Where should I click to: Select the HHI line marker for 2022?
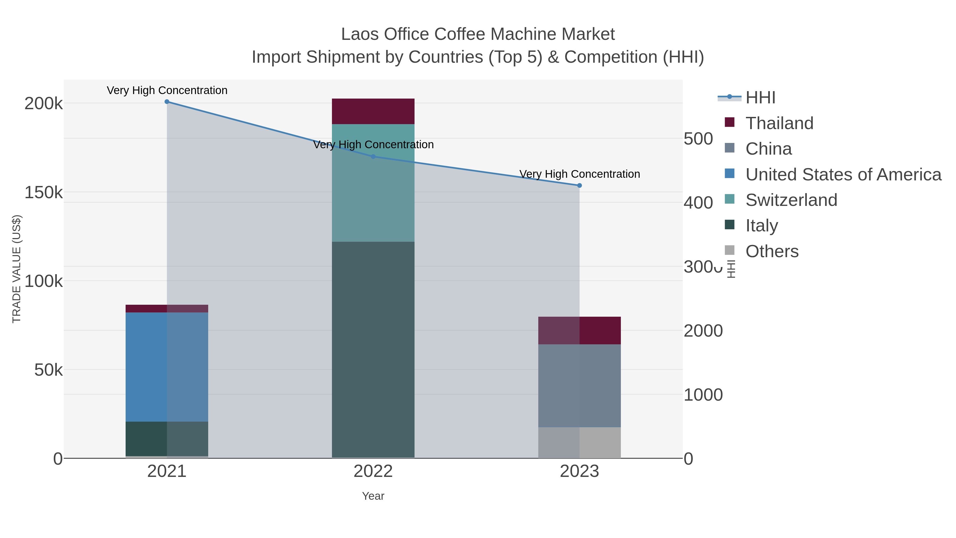point(373,157)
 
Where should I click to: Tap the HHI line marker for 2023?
point(579,186)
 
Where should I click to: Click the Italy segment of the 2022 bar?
point(373,349)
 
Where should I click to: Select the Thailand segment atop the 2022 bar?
point(373,111)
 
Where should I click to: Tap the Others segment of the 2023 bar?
point(579,443)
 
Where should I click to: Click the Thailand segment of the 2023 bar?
point(579,331)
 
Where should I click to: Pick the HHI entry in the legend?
point(760,98)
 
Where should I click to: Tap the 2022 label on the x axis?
point(373,472)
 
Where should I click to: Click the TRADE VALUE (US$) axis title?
point(17,269)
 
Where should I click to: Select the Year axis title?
point(373,496)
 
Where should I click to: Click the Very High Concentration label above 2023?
point(579,174)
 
